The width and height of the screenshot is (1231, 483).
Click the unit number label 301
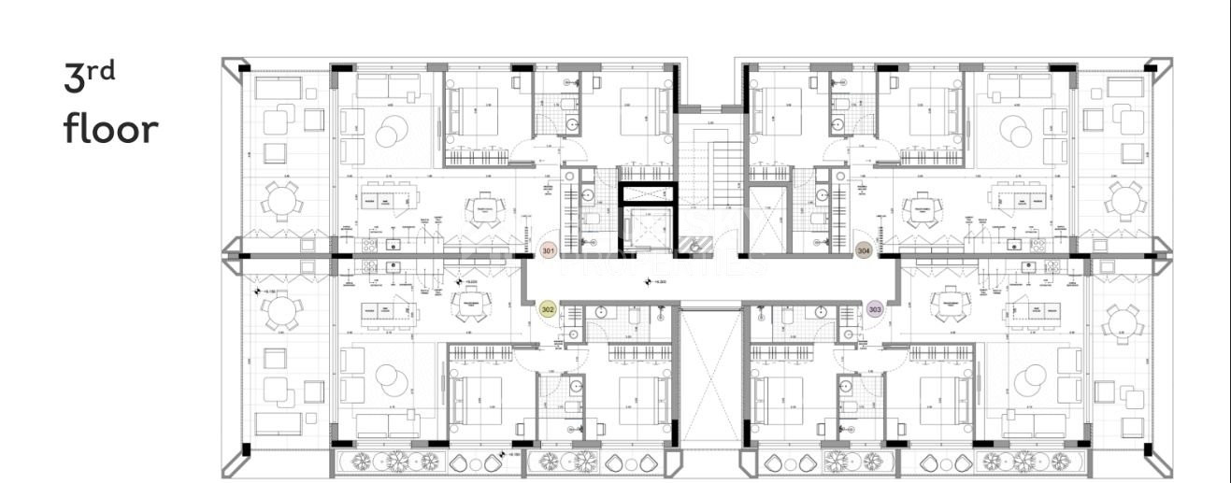pyautogui.click(x=549, y=250)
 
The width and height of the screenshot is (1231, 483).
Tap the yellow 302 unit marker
pyautogui.click(x=548, y=309)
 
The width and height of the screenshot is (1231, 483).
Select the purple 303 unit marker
pyautogui.click(x=875, y=309)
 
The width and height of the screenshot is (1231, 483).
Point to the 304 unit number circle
pyautogui.click(x=865, y=250)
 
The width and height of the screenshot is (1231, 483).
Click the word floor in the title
pyautogui.click(x=111, y=129)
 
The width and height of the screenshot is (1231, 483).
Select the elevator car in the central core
pyautogui.click(x=648, y=228)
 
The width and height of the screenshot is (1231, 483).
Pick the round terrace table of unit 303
pyautogui.click(x=1121, y=322)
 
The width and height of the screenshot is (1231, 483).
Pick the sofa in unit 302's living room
pyautogui.click(x=389, y=425)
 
